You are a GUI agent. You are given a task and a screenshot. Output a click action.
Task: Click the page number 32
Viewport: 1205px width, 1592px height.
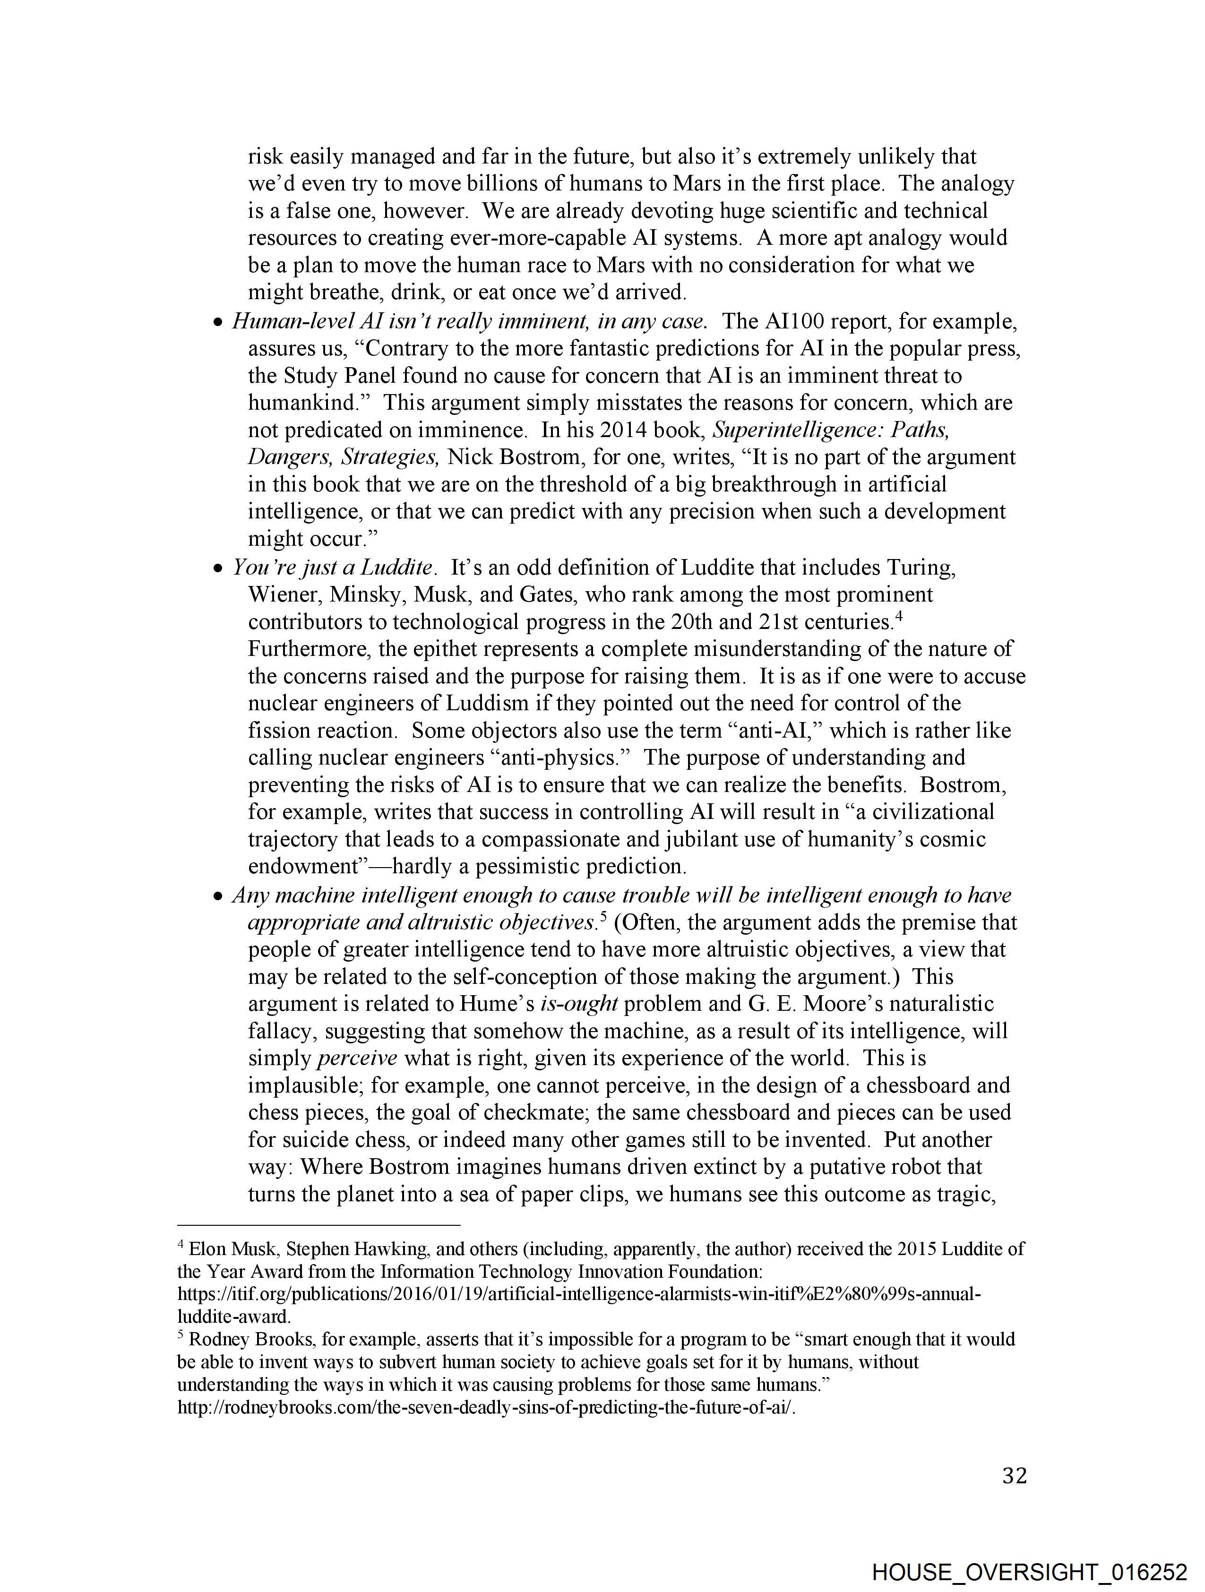point(1014,1476)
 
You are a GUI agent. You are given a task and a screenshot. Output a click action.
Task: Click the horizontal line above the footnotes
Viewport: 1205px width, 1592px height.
point(318,1224)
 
